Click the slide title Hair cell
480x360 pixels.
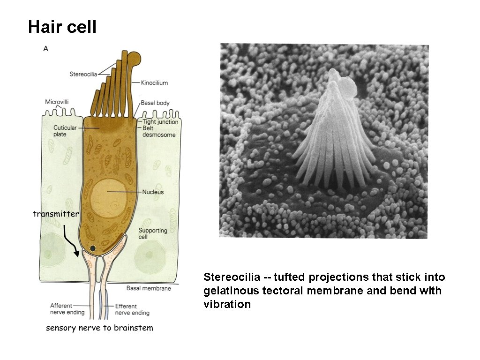pos(62,27)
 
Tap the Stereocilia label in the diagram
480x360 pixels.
pos(83,74)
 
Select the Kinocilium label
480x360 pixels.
pos(154,83)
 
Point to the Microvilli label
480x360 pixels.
pos(58,102)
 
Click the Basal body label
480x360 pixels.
pos(155,103)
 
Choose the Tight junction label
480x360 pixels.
pos(160,122)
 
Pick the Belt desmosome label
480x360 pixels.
pos(159,131)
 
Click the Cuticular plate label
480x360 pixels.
pos(65,131)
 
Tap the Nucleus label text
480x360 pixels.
pos(153,192)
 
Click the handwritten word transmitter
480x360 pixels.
pos(56,214)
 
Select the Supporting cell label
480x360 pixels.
pos(153,233)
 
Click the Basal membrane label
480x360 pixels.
pos(149,288)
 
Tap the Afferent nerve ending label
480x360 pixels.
pos(67,309)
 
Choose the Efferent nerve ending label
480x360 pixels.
pos(132,309)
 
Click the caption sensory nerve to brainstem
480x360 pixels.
pos(99,328)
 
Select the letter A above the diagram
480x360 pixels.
pos(45,48)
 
